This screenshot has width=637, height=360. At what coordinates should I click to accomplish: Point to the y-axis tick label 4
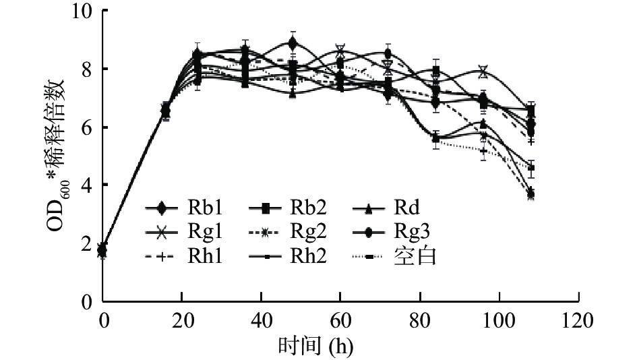point(87,185)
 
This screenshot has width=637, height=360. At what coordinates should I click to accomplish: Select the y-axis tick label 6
point(87,127)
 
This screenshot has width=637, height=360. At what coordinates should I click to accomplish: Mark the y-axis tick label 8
point(87,69)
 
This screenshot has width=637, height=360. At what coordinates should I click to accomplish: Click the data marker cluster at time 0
point(102,250)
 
